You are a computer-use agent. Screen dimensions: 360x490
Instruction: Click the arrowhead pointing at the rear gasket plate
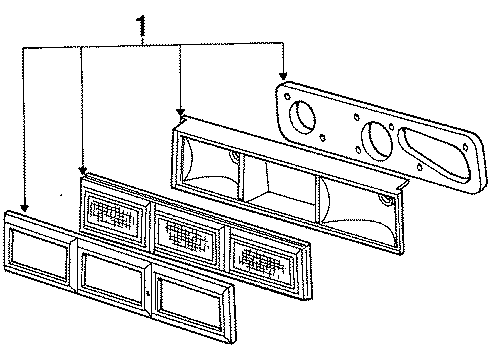pos(284,77)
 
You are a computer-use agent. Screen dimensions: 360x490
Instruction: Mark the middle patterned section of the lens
pos(190,233)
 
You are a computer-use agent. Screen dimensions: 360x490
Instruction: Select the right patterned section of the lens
pos(264,254)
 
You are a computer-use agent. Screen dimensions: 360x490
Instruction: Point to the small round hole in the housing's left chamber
pos(232,157)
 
